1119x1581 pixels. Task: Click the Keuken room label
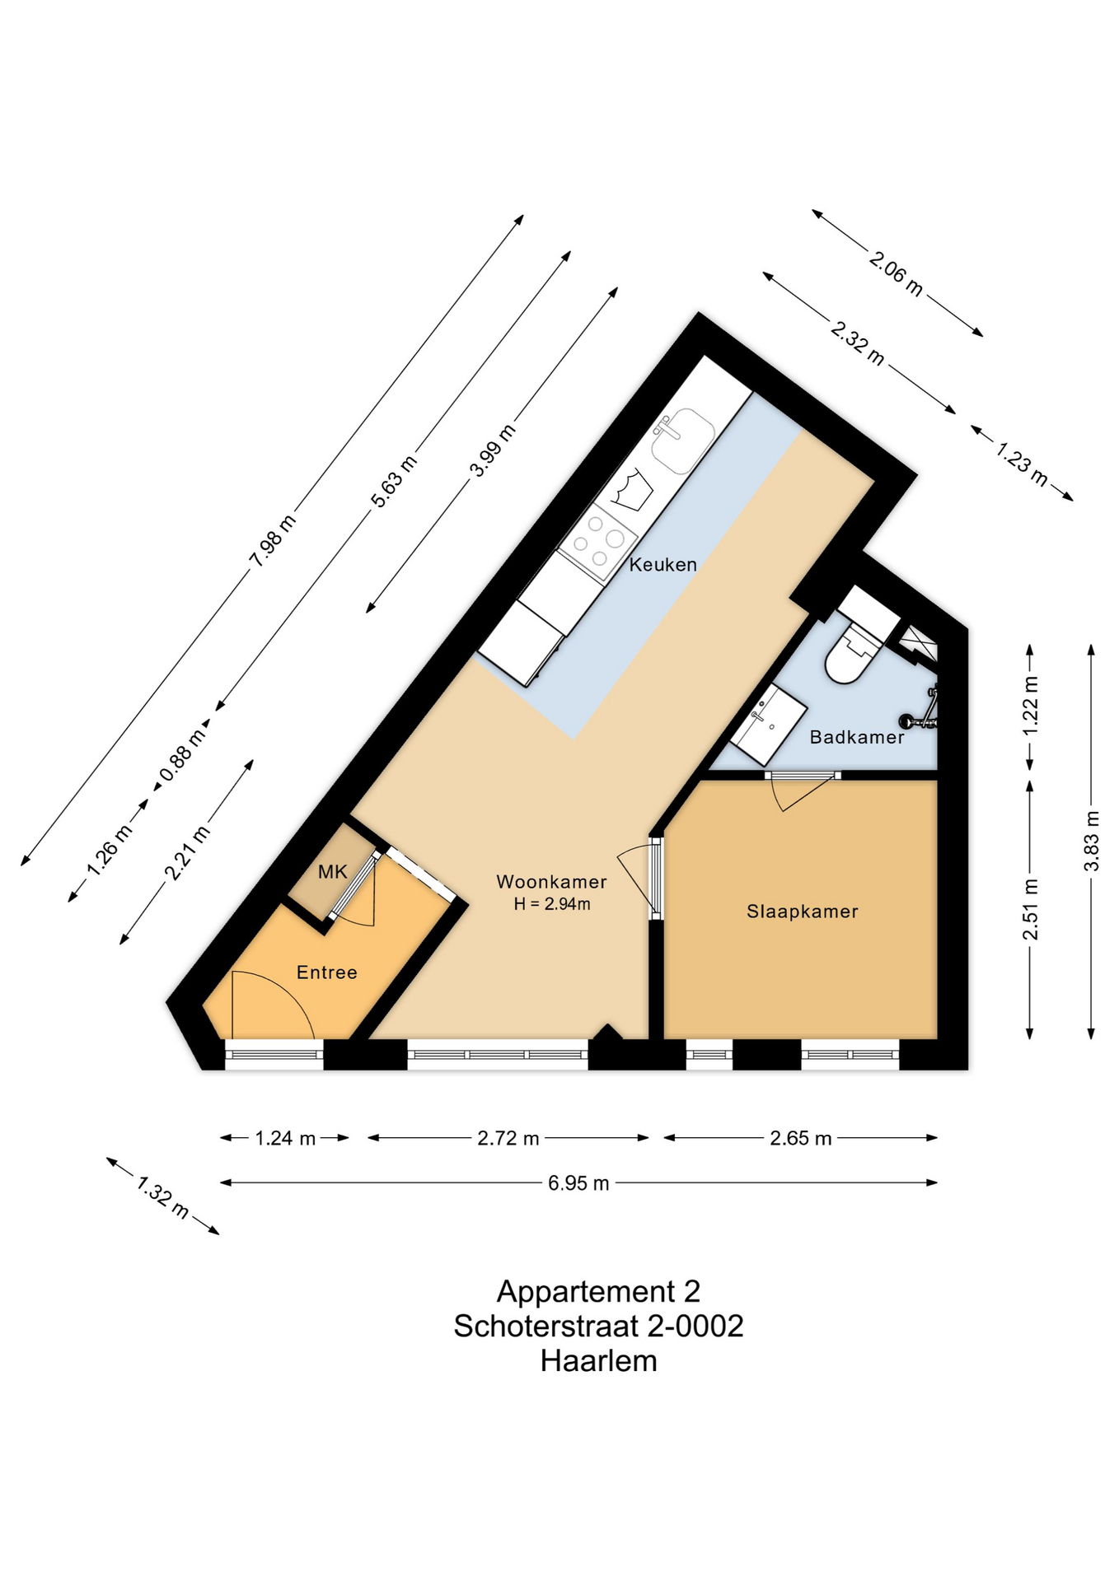click(663, 564)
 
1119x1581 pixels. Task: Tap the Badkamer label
click(857, 737)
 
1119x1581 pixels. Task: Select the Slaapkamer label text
click(803, 912)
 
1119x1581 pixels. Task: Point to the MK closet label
click(333, 871)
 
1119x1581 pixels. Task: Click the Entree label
click(327, 972)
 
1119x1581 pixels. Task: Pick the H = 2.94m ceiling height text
click(552, 904)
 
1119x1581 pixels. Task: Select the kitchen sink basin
click(682, 441)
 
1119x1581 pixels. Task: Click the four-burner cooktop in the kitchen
click(598, 542)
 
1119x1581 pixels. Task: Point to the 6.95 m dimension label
click(578, 1183)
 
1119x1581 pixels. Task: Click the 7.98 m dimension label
click(272, 541)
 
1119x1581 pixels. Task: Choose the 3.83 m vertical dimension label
click(1091, 841)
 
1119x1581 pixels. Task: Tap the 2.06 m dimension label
click(896, 273)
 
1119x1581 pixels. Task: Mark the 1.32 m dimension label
click(163, 1197)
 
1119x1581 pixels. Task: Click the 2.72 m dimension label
click(508, 1138)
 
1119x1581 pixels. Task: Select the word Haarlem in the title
click(599, 1360)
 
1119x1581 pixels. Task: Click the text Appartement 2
click(599, 1291)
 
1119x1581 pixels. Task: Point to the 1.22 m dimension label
click(1030, 706)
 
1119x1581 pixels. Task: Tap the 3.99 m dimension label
click(492, 450)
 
